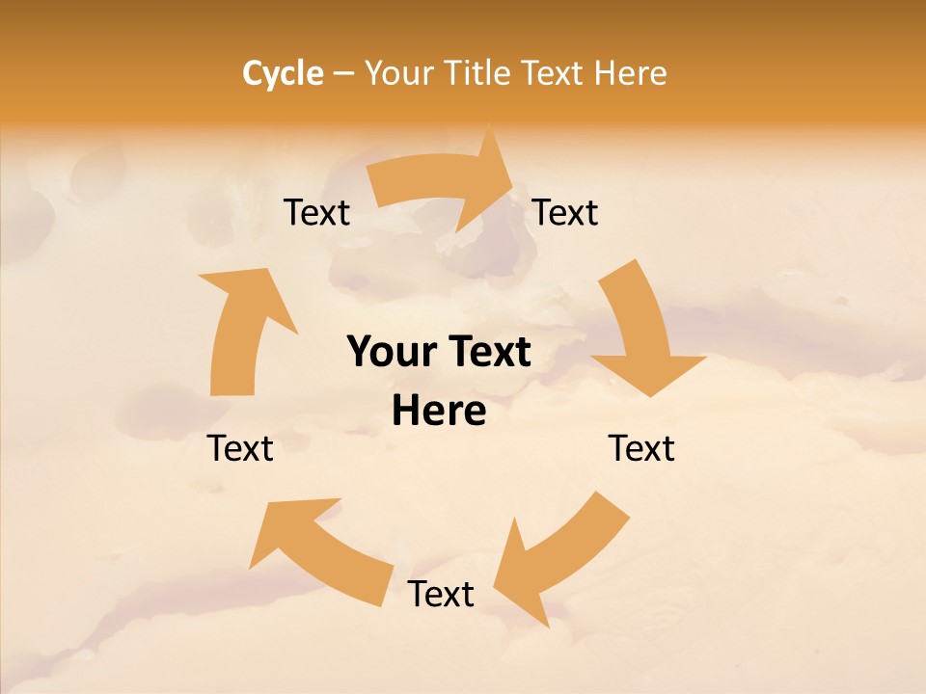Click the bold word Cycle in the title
pyautogui.click(x=283, y=73)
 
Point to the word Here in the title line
pyautogui.click(x=631, y=73)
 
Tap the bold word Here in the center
pyautogui.click(x=439, y=412)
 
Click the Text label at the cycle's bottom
pyautogui.click(x=441, y=594)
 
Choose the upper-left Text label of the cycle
pyautogui.click(x=316, y=212)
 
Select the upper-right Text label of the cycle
pyautogui.click(x=565, y=212)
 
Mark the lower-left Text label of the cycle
pyautogui.click(x=240, y=448)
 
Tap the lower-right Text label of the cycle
pyautogui.click(x=641, y=448)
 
